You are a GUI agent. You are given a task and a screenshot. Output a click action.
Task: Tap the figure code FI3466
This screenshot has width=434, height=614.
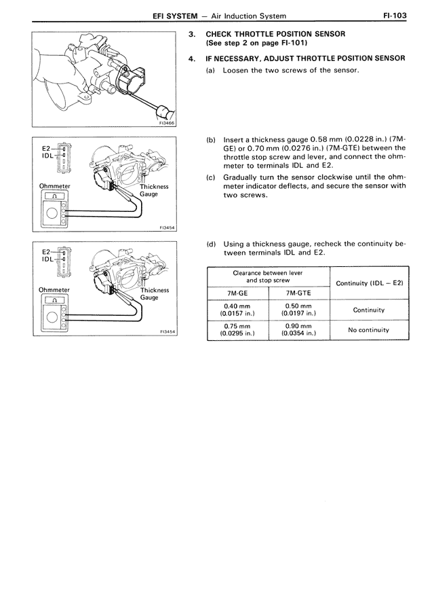pyautogui.click(x=165, y=124)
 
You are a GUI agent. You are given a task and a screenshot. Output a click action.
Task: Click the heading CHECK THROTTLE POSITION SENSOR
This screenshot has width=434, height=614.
pyautogui.click(x=275, y=33)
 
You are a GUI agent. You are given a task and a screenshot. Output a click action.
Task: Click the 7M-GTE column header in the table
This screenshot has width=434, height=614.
pyautogui.click(x=299, y=293)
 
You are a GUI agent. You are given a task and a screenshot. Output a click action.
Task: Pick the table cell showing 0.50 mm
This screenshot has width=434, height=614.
pyautogui.click(x=299, y=309)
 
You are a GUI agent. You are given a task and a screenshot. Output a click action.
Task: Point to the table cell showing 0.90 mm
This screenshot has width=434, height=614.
pyautogui.click(x=299, y=329)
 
